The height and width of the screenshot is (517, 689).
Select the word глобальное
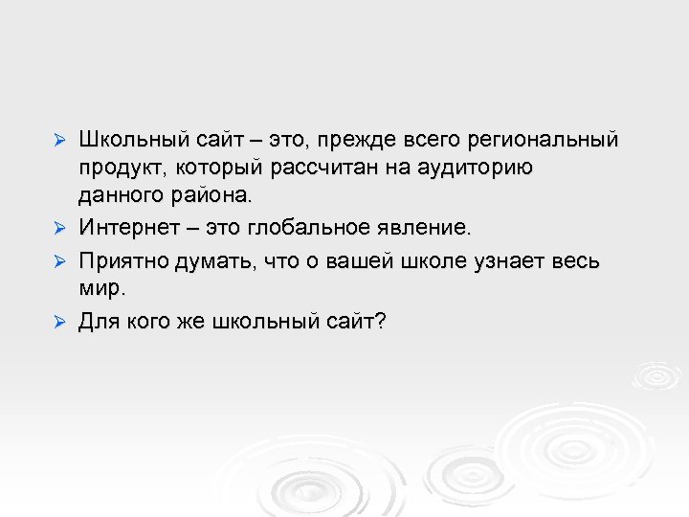pyautogui.click(x=313, y=229)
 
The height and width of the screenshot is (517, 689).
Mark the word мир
pyautogui.click(x=100, y=288)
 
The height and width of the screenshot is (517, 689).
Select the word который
pyautogui.click(x=214, y=169)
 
